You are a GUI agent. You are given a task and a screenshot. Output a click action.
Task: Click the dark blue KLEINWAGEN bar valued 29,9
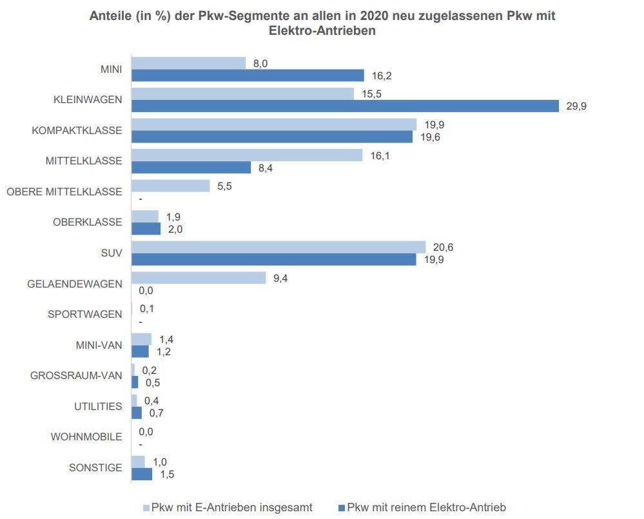click(x=345, y=106)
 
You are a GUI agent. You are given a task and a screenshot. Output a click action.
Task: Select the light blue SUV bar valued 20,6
click(x=278, y=247)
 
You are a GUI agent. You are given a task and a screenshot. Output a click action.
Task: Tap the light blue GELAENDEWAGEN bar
click(x=199, y=278)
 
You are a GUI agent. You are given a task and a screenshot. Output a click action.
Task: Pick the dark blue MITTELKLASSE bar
click(x=191, y=168)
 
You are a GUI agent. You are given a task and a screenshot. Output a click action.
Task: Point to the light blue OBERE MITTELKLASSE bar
click(x=171, y=186)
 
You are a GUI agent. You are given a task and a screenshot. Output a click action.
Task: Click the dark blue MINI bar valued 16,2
click(x=248, y=75)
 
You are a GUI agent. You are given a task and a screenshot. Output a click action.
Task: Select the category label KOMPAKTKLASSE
click(x=77, y=130)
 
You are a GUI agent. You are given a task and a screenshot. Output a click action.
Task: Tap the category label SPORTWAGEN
click(x=84, y=315)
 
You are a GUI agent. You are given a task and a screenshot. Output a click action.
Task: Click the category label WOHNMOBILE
click(x=86, y=437)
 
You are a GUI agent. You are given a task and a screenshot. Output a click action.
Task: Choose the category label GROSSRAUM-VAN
click(x=76, y=376)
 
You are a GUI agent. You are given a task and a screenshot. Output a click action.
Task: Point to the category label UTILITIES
click(x=97, y=406)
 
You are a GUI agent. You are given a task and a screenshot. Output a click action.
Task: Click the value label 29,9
click(x=576, y=106)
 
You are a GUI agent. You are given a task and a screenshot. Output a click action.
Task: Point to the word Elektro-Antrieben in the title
click(x=322, y=31)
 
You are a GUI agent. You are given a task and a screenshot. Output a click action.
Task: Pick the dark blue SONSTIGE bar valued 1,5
click(x=142, y=474)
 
